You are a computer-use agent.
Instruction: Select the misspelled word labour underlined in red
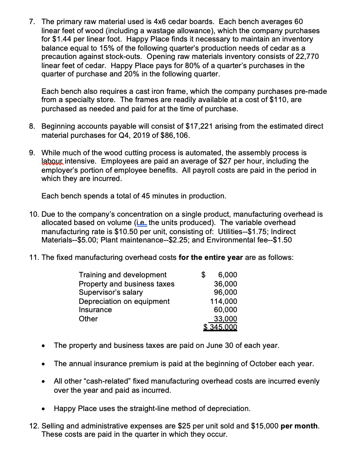coord(52,161)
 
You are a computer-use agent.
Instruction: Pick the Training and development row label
coord(122,274)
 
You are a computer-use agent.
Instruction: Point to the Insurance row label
coord(95,310)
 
